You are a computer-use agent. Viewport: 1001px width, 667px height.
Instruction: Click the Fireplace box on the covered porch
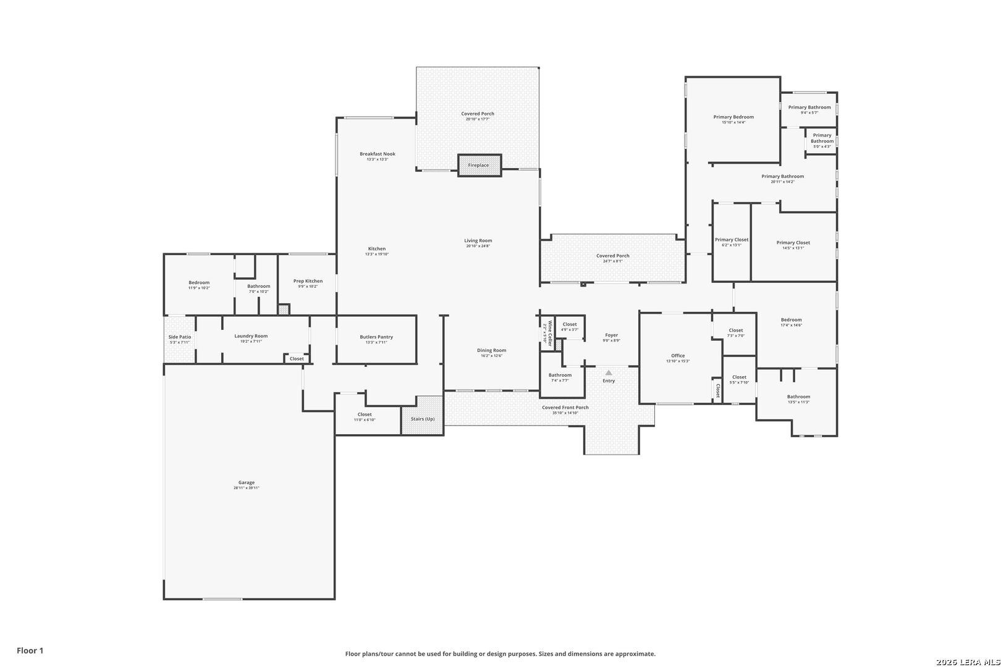pyautogui.click(x=479, y=166)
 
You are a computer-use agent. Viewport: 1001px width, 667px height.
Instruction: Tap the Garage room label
pyautogui.click(x=247, y=483)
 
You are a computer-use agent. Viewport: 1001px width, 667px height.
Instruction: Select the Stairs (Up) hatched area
pyautogui.click(x=423, y=419)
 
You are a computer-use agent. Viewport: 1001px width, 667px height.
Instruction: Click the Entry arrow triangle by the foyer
pyautogui.click(x=609, y=372)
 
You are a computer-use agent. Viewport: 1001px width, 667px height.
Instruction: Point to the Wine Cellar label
pyautogui.click(x=547, y=333)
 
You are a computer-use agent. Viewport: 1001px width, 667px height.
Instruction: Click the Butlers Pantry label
pyautogui.click(x=376, y=337)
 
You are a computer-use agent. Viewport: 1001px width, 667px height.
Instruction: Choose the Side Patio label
pyautogui.click(x=180, y=337)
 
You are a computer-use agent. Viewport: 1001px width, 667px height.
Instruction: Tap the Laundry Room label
pyautogui.click(x=251, y=336)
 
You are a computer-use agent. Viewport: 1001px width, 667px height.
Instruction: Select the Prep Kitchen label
pyautogui.click(x=308, y=281)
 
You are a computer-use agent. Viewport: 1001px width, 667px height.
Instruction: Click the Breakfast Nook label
pyautogui.click(x=378, y=154)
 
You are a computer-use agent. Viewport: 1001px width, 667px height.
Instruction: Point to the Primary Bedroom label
pyautogui.click(x=733, y=117)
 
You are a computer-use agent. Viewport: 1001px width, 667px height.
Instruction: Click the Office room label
pyautogui.click(x=678, y=356)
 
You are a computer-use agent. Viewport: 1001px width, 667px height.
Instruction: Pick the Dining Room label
pyautogui.click(x=491, y=350)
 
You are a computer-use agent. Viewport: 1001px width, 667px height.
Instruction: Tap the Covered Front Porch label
pyautogui.click(x=565, y=408)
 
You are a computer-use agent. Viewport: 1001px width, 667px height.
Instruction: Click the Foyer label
pyautogui.click(x=612, y=335)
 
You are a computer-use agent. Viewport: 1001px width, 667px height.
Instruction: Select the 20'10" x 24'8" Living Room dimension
pyautogui.click(x=478, y=246)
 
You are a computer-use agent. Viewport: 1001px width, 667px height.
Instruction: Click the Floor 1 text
pyautogui.click(x=30, y=650)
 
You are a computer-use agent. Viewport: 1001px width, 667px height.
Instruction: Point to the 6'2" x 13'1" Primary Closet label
pyautogui.click(x=732, y=240)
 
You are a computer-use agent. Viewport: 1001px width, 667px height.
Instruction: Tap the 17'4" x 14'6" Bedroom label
pyautogui.click(x=791, y=320)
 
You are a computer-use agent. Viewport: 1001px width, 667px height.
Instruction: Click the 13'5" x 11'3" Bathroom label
pyautogui.click(x=798, y=397)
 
